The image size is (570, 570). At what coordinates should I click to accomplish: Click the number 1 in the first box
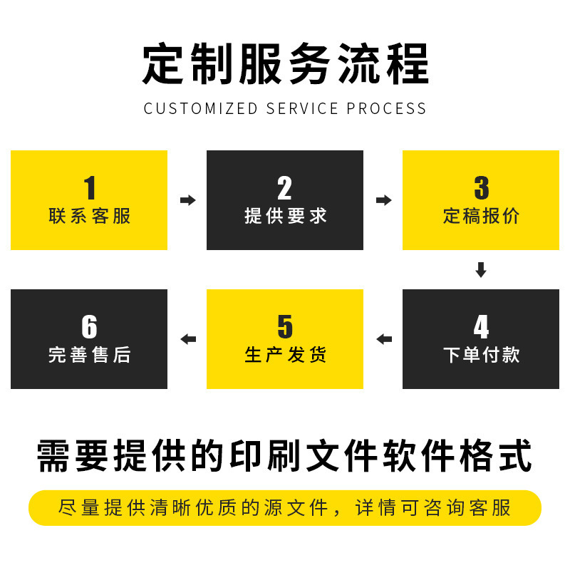point(90,188)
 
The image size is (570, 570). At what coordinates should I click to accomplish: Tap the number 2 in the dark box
point(284,188)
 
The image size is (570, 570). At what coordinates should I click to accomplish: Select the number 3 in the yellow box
point(481,188)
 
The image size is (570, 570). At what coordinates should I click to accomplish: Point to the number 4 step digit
point(481,327)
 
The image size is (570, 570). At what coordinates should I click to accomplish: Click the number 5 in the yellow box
point(284,327)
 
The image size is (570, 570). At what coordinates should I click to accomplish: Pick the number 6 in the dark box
point(89,327)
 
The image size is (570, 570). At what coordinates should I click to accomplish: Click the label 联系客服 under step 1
point(90,216)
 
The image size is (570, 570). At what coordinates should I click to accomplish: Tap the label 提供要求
point(285,216)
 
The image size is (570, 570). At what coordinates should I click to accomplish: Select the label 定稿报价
point(481,216)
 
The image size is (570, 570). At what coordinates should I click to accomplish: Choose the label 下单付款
point(481,354)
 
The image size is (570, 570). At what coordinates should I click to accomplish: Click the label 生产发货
point(285,354)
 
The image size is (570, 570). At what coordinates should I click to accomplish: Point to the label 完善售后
point(90,354)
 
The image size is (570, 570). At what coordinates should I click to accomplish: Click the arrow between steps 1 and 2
point(187,200)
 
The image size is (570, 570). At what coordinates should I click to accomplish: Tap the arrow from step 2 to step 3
point(383,200)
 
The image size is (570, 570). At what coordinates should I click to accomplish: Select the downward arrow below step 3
point(481,270)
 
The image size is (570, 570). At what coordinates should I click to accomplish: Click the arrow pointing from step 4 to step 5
point(384,339)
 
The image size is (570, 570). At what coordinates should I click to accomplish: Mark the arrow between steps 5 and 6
point(188,339)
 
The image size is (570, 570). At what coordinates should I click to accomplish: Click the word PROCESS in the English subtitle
point(386,109)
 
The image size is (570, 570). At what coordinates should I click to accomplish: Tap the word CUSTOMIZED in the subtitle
point(200,109)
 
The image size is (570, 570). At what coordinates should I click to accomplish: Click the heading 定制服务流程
point(285,65)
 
